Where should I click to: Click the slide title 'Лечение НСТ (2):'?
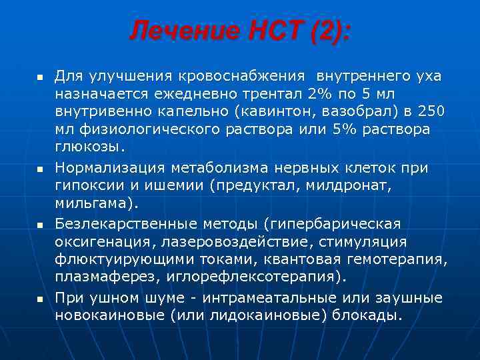(x=239, y=30)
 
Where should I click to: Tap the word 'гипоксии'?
(x=83, y=184)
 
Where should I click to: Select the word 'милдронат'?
(x=341, y=184)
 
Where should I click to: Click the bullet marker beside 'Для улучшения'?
(x=39, y=78)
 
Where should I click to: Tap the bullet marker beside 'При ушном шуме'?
(x=39, y=299)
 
